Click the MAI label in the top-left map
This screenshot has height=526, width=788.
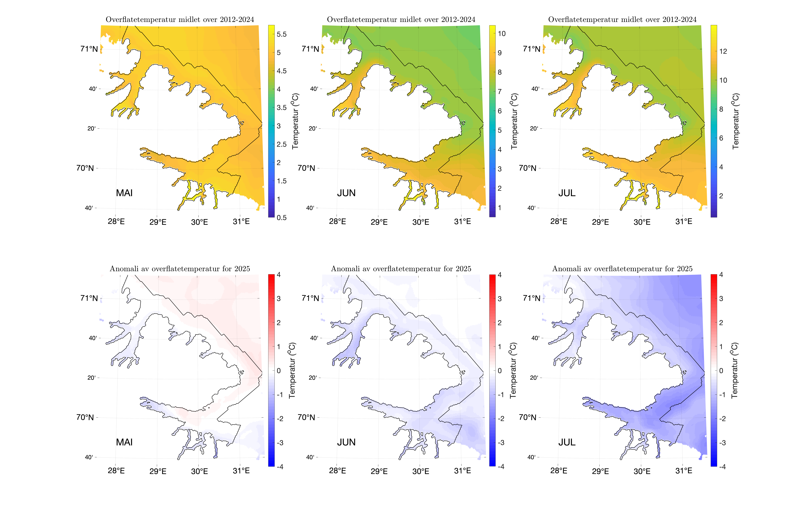(x=124, y=193)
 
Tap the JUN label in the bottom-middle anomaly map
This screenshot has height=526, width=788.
(x=346, y=442)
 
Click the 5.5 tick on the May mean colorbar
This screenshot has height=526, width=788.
(x=281, y=34)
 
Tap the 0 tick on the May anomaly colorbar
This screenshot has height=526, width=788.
(x=279, y=371)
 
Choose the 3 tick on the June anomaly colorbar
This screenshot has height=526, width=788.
(x=500, y=299)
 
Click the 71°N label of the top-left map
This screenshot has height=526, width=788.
(x=89, y=49)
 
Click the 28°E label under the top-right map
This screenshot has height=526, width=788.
(x=559, y=221)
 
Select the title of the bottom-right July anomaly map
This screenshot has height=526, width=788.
(x=622, y=269)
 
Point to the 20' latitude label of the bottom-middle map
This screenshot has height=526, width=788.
(x=313, y=378)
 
